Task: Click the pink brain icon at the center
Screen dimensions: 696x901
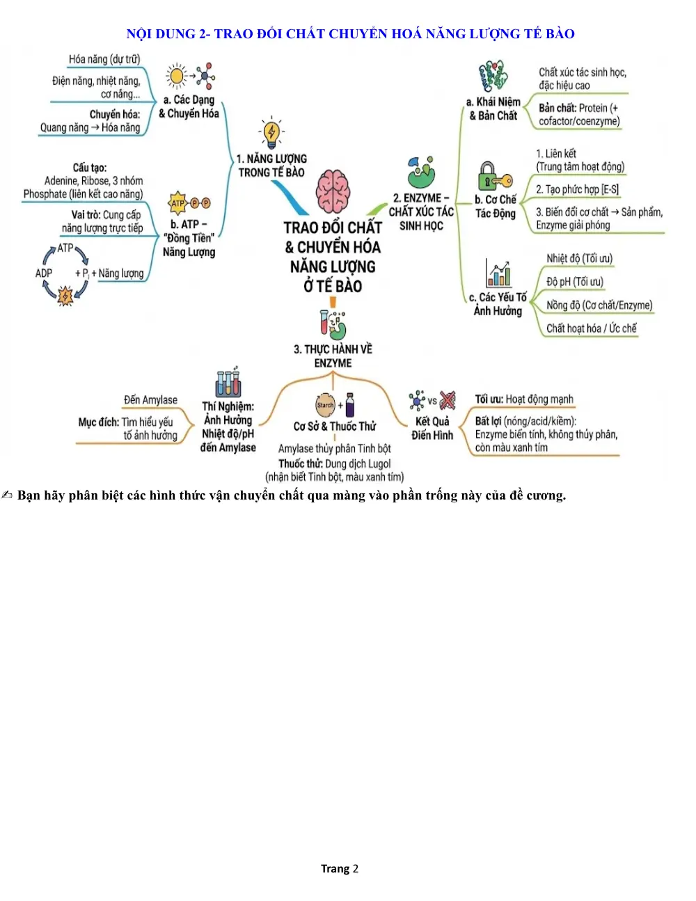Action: point(333,191)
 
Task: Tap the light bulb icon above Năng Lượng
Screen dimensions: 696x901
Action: point(271,133)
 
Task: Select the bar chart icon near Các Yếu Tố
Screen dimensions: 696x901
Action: point(498,273)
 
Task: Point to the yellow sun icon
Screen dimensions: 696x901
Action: point(177,77)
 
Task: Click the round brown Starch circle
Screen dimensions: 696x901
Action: point(325,405)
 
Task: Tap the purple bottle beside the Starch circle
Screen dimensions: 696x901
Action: point(350,405)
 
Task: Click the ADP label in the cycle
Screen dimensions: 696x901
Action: point(44,273)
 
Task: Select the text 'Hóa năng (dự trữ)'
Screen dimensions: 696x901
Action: point(104,59)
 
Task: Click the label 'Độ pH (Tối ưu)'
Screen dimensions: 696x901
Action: point(574,282)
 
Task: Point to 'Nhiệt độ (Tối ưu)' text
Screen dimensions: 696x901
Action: point(580,258)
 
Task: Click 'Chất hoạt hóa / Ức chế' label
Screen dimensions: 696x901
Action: point(591,328)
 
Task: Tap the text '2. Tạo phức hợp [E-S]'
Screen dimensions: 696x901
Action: point(577,189)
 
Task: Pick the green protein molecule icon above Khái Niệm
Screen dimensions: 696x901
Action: point(493,77)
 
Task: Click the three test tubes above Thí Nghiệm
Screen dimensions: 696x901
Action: point(228,382)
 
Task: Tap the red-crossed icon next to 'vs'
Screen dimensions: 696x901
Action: point(448,401)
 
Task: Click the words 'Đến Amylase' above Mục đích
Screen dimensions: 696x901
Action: point(150,400)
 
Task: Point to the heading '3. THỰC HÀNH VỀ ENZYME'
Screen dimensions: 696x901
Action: point(333,356)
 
